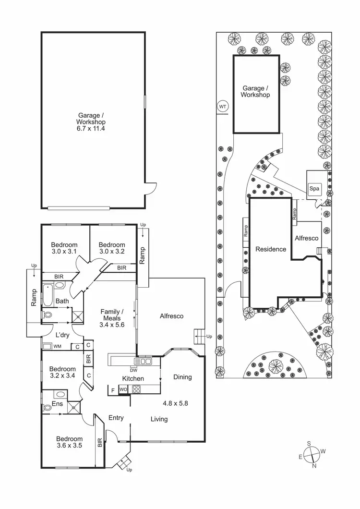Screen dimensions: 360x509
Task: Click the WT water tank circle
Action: pyautogui.click(x=223, y=106)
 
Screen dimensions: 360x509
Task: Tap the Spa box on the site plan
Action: pyautogui.click(x=314, y=189)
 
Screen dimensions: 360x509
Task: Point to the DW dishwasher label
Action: pyautogui.click(x=133, y=369)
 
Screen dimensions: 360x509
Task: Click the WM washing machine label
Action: pyautogui.click(x=58, y=346)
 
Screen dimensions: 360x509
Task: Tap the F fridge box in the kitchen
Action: pyautogui.click(x=113, y=389)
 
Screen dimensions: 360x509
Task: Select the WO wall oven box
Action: pyautogui.click(x=123, y=389)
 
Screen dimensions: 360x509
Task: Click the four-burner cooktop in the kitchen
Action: pyautogui.click(x=136, y=389)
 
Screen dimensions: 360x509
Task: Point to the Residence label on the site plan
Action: pyautogui.click(x=271, y=249)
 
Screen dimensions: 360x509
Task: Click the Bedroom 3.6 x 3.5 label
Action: pyautogui.click(x=69, y=442)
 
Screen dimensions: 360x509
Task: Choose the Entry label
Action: pyautogui.click(x=116, y=418)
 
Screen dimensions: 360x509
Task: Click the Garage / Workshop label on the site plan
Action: pyautogui.click(x=256, y=91)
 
